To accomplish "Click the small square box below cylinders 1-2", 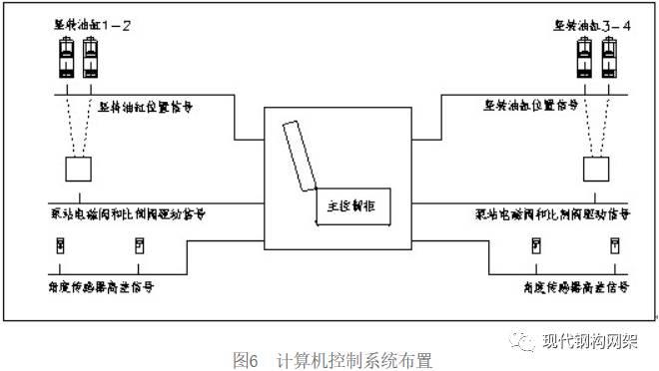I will tap(79, 168).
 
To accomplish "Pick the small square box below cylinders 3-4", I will tap(595, 168).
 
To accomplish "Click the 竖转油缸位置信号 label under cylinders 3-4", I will tap(531, 105).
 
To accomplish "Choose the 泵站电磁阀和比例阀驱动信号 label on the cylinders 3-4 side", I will tap(552, 213).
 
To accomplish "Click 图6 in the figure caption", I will tap(244, 356).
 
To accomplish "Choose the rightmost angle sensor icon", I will tap(615, 245).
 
